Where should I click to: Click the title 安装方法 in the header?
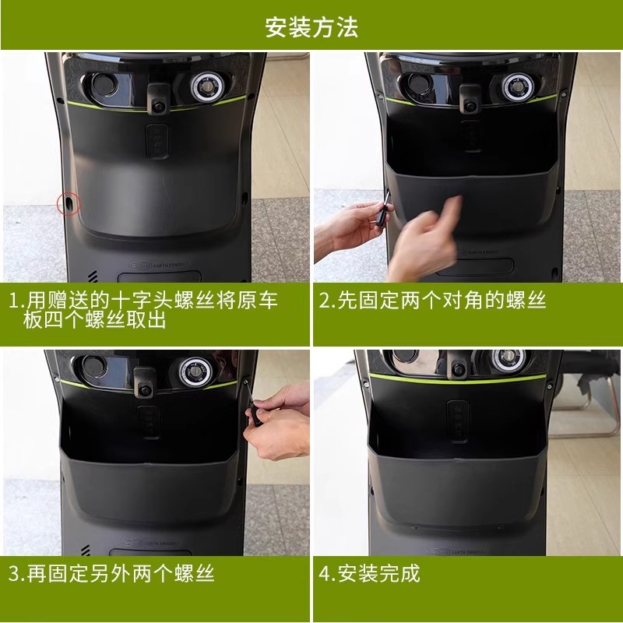(311, 26)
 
